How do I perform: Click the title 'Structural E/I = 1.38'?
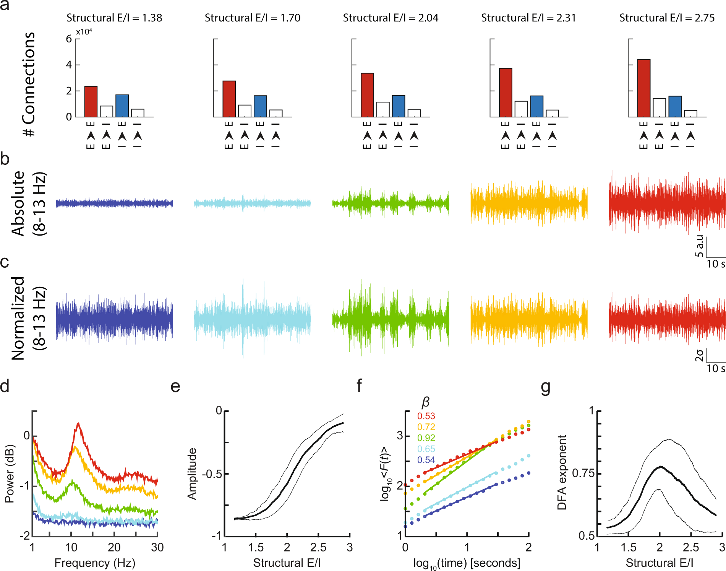click(x=114, y=18)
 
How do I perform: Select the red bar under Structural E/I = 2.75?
click(x=644, y=88)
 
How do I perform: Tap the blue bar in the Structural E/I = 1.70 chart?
click(x=260, y=106)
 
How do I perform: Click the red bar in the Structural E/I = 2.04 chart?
click(x=367, y=95)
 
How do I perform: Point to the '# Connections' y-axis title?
click(x=29, y=84)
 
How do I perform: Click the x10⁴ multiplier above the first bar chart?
click(x=84, y=32)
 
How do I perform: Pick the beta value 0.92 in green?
click(x=426, y=438)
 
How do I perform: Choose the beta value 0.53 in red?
click(x=426, y=416)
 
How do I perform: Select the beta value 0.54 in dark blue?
click(x=426, y=460)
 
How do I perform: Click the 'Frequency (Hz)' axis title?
click(x=95, y=563)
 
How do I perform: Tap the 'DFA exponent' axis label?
click(x=562, y=472)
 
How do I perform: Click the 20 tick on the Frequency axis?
click(x=114, y=548)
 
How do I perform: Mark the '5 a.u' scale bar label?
click(x=700, y=246)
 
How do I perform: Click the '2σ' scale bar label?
click(x=699, y=355)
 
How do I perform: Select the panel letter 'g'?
click(x=546, y=387)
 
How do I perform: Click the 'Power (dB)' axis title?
click(x=10, y=473)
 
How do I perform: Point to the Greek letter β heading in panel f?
click(x=426, y=402)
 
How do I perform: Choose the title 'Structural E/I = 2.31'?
click(x=528, y=18)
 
